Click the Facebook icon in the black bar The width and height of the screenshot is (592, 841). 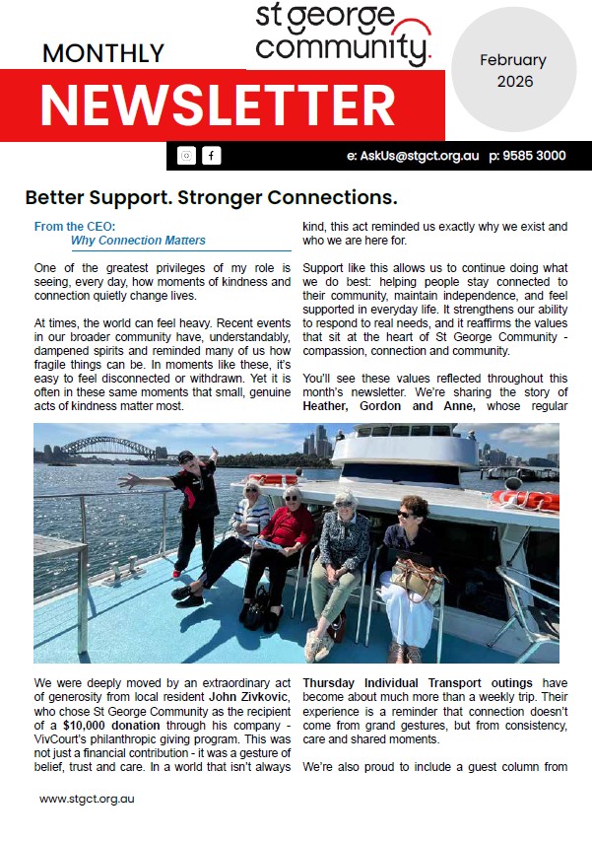[212, 156]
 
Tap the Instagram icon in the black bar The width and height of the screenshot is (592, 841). [187, 156]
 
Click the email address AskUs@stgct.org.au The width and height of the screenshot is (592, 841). [412, 156]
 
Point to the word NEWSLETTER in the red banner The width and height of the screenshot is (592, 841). [218, 104]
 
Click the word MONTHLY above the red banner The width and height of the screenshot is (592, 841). [103, 53]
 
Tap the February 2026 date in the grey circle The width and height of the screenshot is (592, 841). [513, 71]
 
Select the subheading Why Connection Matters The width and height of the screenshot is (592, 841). [138, 241]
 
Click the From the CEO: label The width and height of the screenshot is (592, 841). [75, 227]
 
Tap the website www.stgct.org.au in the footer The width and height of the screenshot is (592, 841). [87, 799]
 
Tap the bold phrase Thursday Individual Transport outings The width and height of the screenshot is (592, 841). [418, 682]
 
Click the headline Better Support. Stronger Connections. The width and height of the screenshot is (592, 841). [211, 196]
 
